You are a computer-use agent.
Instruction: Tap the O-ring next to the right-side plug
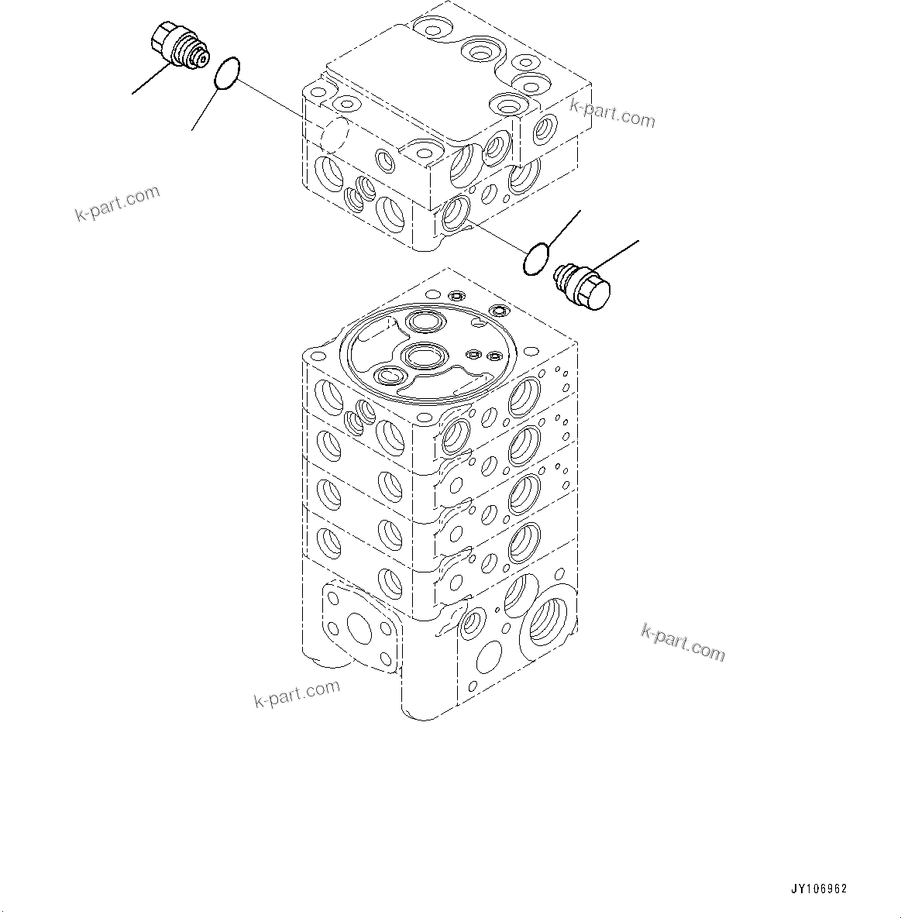pos(536,259)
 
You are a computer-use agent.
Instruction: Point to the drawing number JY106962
pos(819,889)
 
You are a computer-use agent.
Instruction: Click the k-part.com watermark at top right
pos(612,113)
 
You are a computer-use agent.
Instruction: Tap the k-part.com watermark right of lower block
pos(683,643)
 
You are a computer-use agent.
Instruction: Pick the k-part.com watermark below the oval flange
pos(297,693)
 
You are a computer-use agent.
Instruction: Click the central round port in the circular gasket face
pos(422,356)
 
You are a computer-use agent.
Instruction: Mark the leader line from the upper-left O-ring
pos(205,109)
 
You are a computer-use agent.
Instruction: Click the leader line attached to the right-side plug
pos(616,256)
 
